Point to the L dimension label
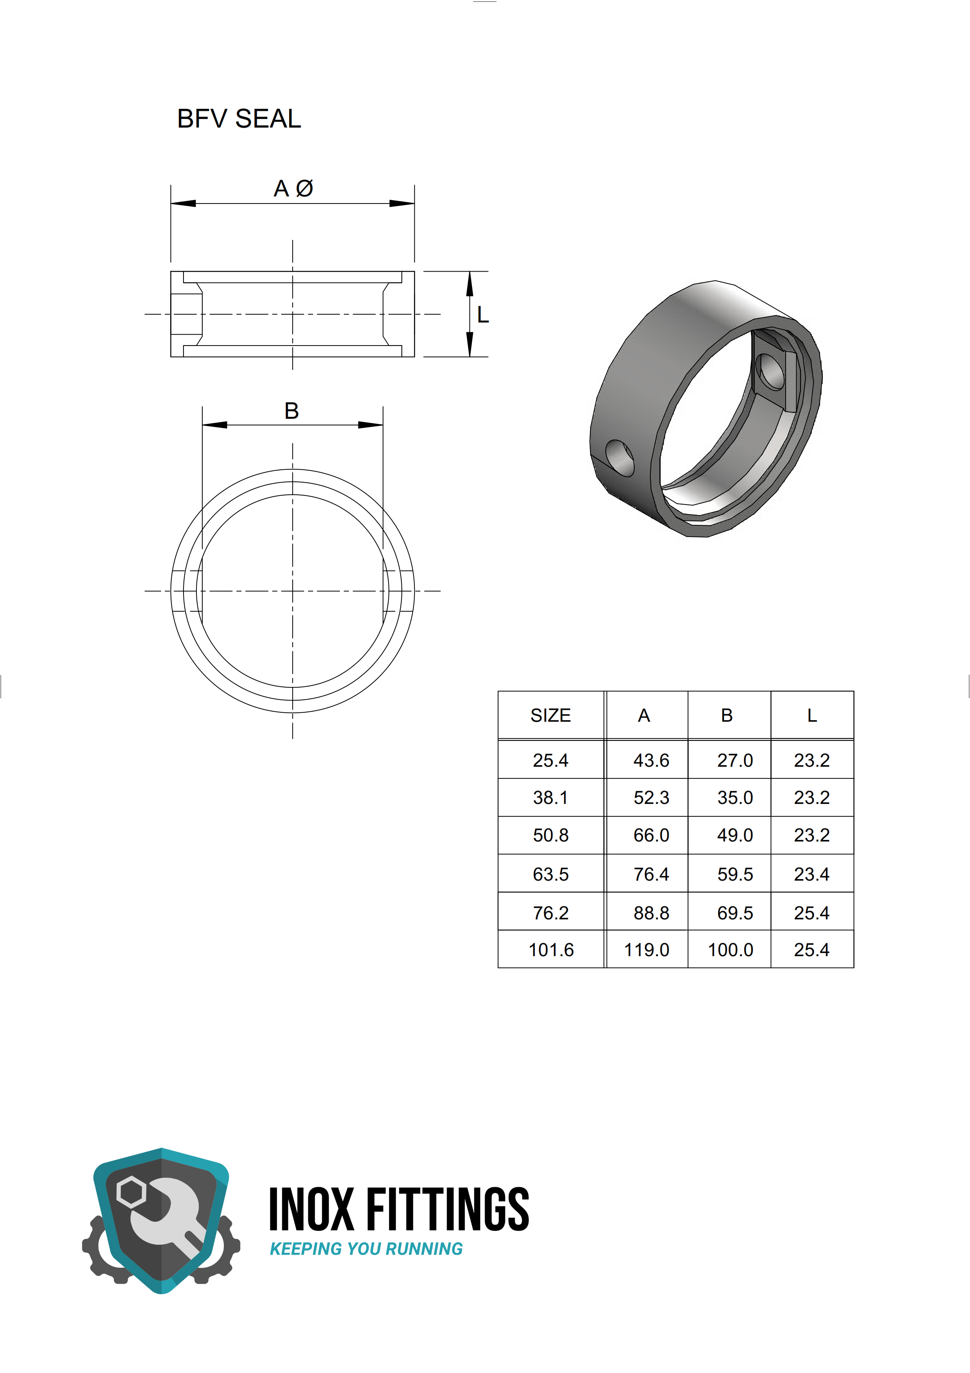[483, 315]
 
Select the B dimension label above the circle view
[292, 411]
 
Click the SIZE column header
[551, 715]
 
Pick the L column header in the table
[812, 715]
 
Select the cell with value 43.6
[651, 760]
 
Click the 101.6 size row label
[551, 950]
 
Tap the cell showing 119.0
[647, 950]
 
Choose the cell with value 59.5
[734, 874]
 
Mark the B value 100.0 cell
[731, 950]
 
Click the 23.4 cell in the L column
[812, 874]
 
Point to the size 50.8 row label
[551, 835]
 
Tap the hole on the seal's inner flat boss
[770, 371]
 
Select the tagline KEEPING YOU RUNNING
[366, 1249]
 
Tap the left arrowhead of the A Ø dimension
[183, 203]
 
